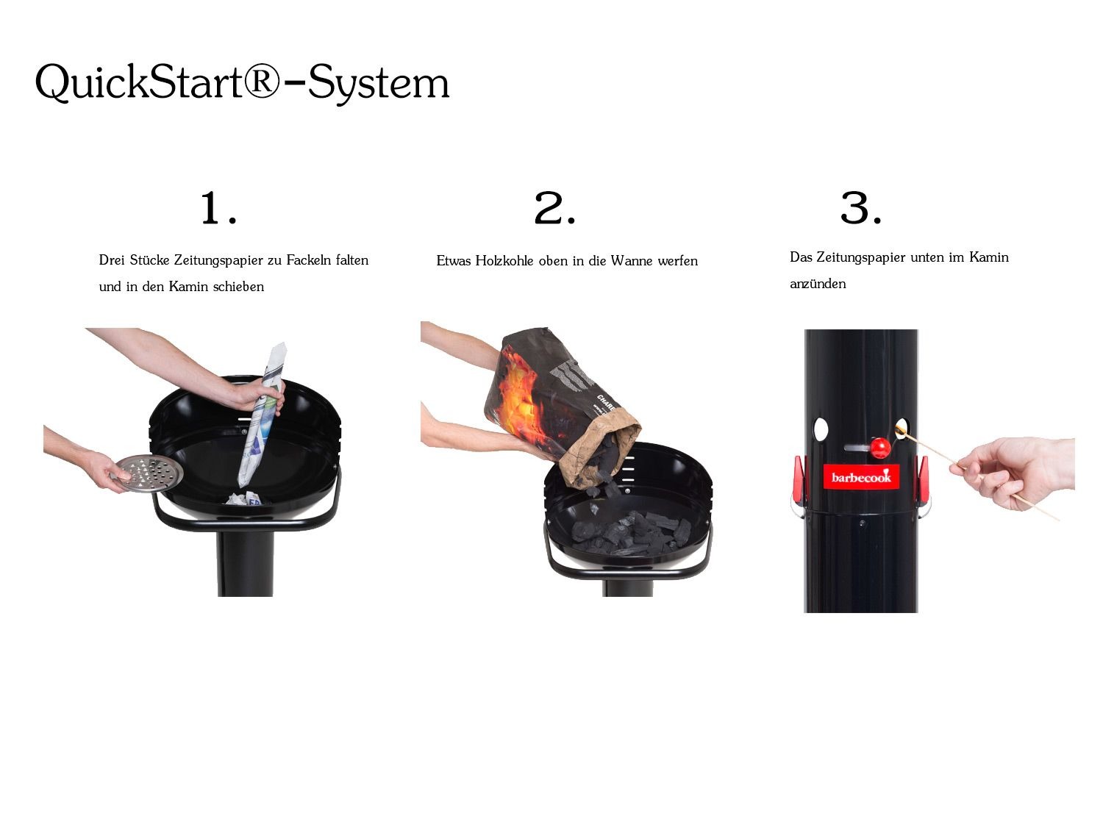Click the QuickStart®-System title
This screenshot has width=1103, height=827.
242,83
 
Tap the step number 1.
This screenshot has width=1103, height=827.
218,208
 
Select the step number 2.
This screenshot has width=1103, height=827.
554,208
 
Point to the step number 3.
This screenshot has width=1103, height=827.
860,208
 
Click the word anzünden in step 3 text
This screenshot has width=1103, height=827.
818,284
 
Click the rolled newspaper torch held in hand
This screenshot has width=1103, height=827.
262,415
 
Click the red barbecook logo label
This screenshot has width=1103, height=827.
861,476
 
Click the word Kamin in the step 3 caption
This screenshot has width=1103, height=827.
989,257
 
